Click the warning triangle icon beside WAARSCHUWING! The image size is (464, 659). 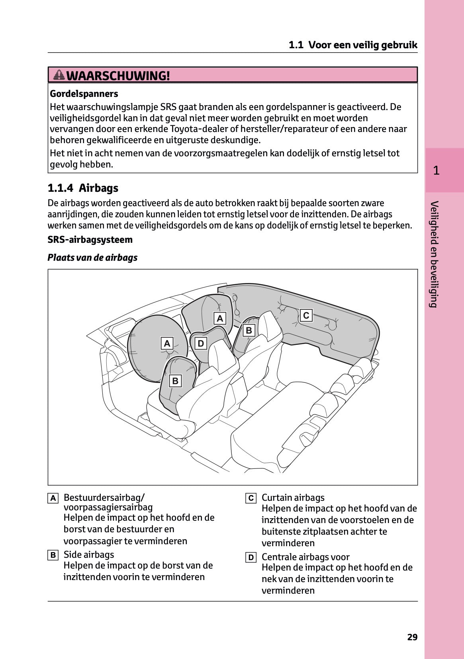pos(59,75)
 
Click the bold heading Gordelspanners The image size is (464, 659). pos(84,94)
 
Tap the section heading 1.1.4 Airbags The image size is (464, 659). pos(83,188)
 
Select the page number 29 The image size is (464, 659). pos(412,637)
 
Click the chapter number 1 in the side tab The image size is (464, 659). pos(436,171)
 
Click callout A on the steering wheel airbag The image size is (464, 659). pos(167,343)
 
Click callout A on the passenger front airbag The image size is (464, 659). pos(219,318)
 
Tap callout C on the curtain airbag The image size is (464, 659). pos(306,315)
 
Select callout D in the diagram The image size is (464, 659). pos(201,343)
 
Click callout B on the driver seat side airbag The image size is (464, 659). pos(175,381)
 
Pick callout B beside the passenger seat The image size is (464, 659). pos(249,330)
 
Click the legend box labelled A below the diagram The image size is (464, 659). pos(53,498)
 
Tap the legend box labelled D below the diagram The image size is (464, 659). pos(251,557)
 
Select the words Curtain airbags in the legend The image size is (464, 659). pos(293,498)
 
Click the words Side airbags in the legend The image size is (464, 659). pos(89,555)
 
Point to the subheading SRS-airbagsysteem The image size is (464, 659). pos(90,240)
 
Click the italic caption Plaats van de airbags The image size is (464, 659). pos(92,258)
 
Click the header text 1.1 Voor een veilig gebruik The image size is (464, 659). pos(353,45)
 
